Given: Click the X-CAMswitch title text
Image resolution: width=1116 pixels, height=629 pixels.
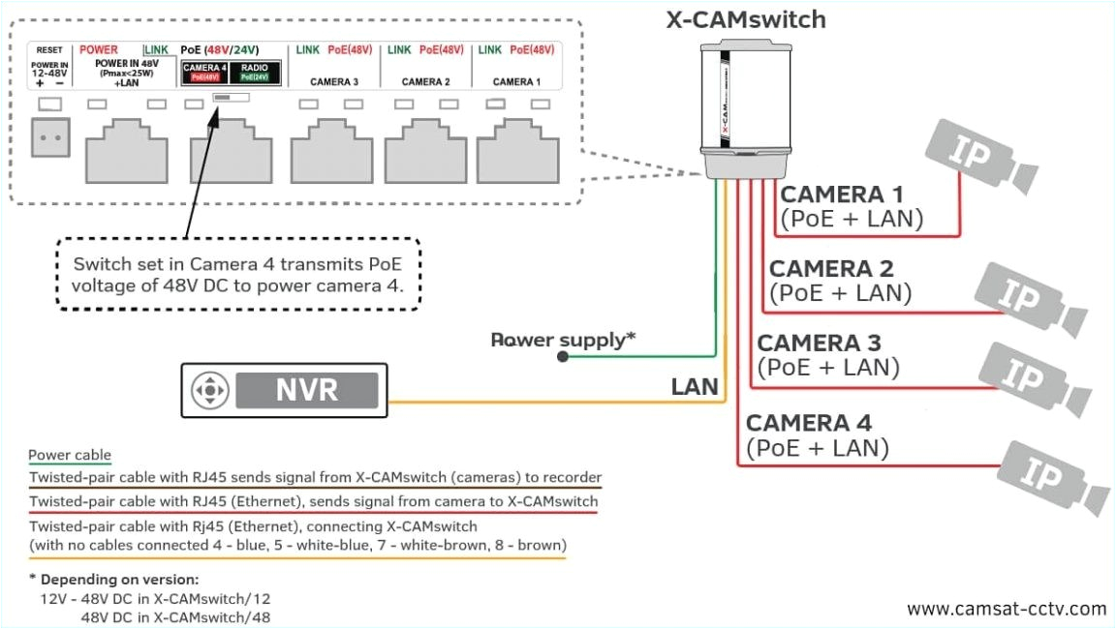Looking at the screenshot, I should pos(745,19).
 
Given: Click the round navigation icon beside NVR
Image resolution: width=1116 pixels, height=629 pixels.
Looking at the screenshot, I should pos(208,391).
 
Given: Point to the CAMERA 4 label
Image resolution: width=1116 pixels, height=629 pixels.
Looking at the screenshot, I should pos(808,423).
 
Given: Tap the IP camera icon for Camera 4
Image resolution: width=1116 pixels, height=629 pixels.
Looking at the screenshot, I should pos(1050,476).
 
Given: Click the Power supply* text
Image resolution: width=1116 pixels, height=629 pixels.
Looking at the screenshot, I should pos(563,340).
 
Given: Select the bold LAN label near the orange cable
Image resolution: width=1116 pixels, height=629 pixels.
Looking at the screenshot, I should pos(695,387).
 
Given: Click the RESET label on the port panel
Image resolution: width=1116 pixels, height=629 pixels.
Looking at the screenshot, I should pos(48,49).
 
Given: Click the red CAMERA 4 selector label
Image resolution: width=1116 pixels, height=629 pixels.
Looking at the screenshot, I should pos(204,71).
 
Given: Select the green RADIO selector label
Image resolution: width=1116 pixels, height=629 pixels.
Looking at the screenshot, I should pos(255,71).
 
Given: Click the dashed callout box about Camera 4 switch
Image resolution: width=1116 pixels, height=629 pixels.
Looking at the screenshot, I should pos(238,274).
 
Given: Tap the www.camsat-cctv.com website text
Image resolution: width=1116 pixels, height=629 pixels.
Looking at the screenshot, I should pos(1006,609).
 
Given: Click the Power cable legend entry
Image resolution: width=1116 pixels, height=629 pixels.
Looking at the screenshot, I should pos(69,455).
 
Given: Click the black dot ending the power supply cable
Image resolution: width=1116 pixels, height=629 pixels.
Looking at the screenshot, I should pos(562,356).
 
